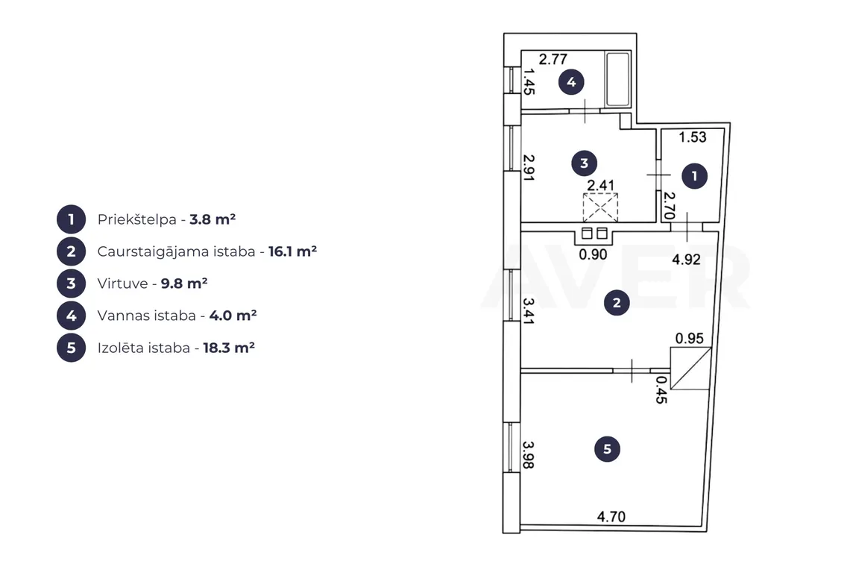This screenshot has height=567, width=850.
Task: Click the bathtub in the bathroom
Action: (x=617, y=79)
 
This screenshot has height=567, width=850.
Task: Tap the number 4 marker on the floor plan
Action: (x=571, y=82)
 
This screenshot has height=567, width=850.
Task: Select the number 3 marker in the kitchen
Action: (x=584, y=163)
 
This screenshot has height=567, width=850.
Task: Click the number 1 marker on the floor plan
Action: (x=694, y=176)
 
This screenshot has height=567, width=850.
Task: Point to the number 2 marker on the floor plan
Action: (x=617, y=303)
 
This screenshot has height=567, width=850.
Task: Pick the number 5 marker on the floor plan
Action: (x=607, y=449)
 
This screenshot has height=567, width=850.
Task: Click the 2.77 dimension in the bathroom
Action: (x=553, y=59)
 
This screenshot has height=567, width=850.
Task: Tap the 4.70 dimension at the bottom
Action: (x=611, y=516)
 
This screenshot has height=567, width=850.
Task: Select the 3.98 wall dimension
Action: (x=529, y=454)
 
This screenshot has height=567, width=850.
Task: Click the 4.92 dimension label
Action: (x=686, y=260)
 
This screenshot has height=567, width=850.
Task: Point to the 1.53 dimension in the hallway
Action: (x=693, y=137)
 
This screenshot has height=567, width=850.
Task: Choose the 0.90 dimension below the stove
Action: (x=593, y=254)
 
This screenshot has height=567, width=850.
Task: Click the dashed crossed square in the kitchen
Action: (x=600, y=207)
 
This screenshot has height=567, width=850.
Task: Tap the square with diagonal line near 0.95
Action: (x=690, y=369)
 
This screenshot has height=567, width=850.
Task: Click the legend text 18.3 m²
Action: (x=229, y=347)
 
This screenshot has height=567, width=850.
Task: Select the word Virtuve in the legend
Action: (x=122, y=283)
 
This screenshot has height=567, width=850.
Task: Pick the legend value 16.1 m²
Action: (x=293, y=251)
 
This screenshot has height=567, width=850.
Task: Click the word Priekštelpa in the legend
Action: (x=137, y=220)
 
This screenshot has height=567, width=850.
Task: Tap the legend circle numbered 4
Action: (x=71, y=316)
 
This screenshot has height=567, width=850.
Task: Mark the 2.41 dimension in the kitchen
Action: (x=601, y=185)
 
